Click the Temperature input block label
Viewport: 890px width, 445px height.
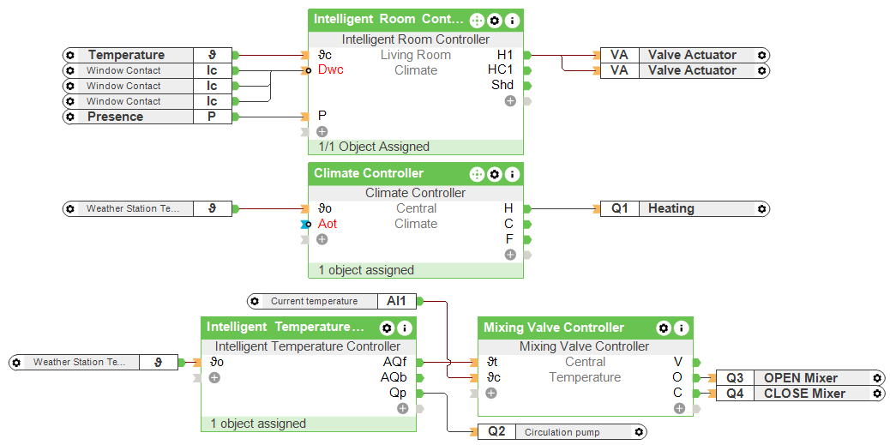tap(126, 55)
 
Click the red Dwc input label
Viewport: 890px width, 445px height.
tap(330, 70)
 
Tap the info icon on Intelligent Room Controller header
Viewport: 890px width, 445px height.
tap(512, 20)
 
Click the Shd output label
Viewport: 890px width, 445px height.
tap(502, 86)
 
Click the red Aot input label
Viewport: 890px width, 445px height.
tap(328, 224)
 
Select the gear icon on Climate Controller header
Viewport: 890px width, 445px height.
tap(495, 174)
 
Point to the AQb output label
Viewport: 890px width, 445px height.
tap(394, 377)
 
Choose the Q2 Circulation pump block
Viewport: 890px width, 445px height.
tap(562, 432)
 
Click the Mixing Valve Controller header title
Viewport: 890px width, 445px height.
tap(554, 328)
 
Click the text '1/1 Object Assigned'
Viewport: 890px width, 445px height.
tap(374, 147)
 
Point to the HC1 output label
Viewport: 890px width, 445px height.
tap(500, 70)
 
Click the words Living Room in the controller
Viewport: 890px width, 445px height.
tap(416, 55)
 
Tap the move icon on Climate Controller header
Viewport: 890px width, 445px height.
tap(477, 174)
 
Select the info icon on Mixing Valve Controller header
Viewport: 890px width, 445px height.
tap(681, 328)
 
